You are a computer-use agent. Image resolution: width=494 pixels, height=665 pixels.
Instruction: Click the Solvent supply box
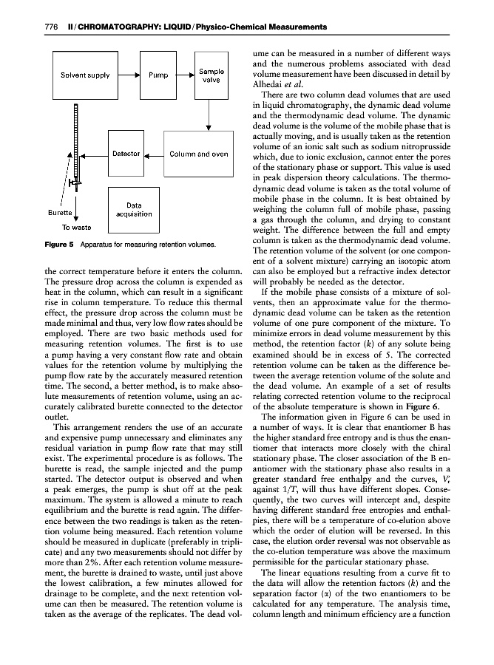pos(81,75)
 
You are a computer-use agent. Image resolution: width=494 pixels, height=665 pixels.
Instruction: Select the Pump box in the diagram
pos(158,75)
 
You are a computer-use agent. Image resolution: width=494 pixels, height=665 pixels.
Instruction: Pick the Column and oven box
pos(198,154)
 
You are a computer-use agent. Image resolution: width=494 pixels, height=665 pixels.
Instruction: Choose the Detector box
pos(126,154)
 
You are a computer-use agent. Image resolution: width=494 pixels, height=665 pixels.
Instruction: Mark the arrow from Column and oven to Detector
pos(152,155)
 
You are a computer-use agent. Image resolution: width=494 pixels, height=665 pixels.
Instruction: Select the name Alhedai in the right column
pos(269,84)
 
